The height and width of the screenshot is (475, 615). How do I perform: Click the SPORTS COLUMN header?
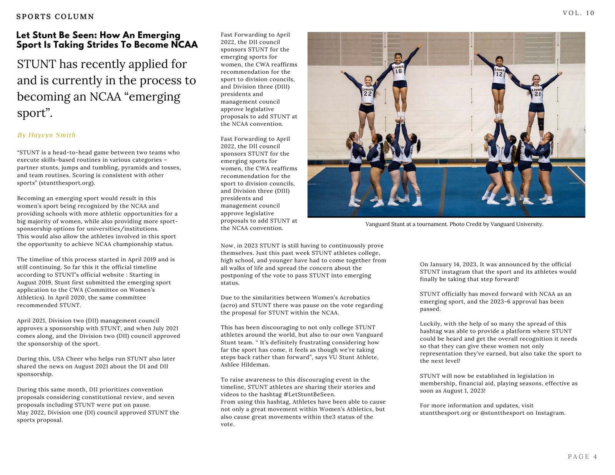(55, 17)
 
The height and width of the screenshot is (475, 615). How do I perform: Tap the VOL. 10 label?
(578, 13)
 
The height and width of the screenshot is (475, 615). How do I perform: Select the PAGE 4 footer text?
(582, 457)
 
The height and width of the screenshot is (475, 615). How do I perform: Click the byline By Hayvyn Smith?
(47, 135)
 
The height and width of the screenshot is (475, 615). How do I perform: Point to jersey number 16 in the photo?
(398, 71)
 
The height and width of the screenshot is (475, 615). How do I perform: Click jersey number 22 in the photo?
(367, 93)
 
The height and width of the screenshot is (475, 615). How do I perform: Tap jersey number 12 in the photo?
(499, 74)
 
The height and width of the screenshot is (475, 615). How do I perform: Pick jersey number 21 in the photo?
(537, 94)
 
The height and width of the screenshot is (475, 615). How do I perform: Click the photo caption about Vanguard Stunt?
(454, 224)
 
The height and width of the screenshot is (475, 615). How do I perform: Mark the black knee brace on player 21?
(541, 124)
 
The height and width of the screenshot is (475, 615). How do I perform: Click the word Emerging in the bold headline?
(159, 35)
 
